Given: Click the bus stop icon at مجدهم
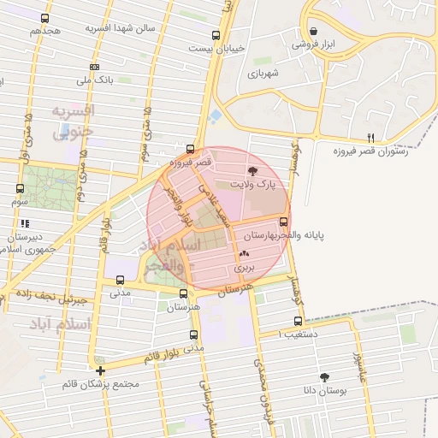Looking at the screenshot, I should click(44, 18).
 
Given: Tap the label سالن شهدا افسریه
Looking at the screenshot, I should click(120, 27).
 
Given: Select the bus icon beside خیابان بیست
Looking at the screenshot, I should click(216, 36).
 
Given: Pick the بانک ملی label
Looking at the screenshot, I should click(95, 80).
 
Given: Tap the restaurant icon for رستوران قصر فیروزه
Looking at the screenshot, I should click(370, 137).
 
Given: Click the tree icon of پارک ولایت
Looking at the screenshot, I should click(252, 172).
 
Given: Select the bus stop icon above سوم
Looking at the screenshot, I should click(21, 189).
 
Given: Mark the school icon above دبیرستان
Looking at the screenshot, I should click(25, 223).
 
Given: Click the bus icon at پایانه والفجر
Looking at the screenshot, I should click(283, 222).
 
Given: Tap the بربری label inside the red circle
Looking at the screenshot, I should click(246, 267).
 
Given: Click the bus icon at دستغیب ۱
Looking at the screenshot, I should click(298, 322).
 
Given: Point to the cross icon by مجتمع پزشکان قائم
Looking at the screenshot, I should click(101, 370).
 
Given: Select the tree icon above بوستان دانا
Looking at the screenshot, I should click(324, 376).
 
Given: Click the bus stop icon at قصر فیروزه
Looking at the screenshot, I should click(190, 149).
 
